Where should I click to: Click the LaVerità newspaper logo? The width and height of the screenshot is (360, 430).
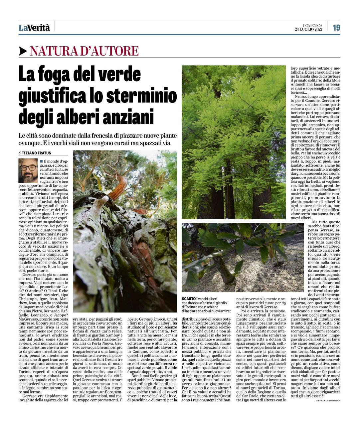[x=34, y=28]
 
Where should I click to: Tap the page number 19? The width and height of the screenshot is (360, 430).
[x=336, y=28]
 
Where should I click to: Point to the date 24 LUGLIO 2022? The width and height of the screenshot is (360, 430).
[x=308, y=30]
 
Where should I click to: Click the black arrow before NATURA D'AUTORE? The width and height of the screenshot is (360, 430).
[x=23, y=51]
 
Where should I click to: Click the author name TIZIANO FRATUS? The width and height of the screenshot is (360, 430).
[x=37, y=153]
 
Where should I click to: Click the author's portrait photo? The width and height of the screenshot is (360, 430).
[x=28, y=170]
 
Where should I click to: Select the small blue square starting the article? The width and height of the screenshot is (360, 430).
[x=41, y=161]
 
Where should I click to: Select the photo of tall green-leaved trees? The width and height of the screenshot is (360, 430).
[x=234, y=142]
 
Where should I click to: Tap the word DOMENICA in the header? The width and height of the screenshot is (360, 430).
[x=312, y=26]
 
